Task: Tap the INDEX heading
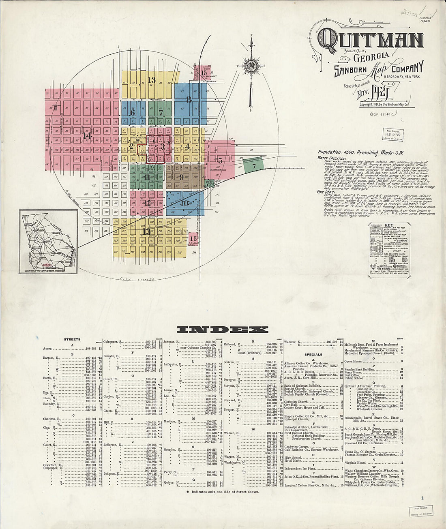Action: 223,330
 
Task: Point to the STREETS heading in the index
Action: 72,339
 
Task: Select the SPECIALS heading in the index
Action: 313,354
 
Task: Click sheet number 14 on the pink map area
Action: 86,136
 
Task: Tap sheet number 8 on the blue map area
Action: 189,100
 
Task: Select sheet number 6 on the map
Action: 132,112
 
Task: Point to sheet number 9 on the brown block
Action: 182,176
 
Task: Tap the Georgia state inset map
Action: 48,242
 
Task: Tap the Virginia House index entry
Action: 355,462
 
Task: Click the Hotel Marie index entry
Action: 293,460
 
